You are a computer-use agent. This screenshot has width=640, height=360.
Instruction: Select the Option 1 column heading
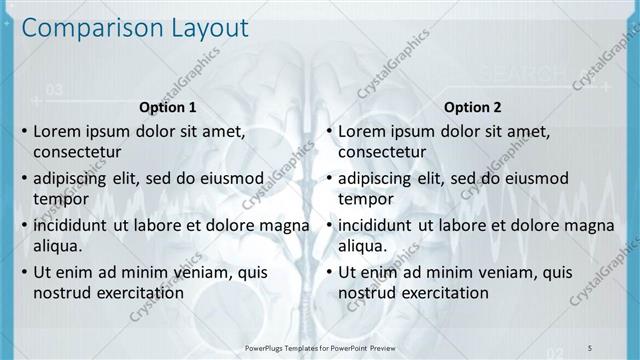click(167, 107)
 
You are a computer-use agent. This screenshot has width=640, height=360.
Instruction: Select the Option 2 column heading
click(473, 107)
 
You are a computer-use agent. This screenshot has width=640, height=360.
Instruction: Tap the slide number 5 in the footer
click(590, 347)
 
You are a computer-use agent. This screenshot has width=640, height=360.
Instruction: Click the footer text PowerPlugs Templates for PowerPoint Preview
click(320, 347)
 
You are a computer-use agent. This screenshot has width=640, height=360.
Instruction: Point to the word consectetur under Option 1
click(77, 153)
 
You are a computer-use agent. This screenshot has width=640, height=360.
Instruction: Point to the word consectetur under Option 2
click(383, 153)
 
